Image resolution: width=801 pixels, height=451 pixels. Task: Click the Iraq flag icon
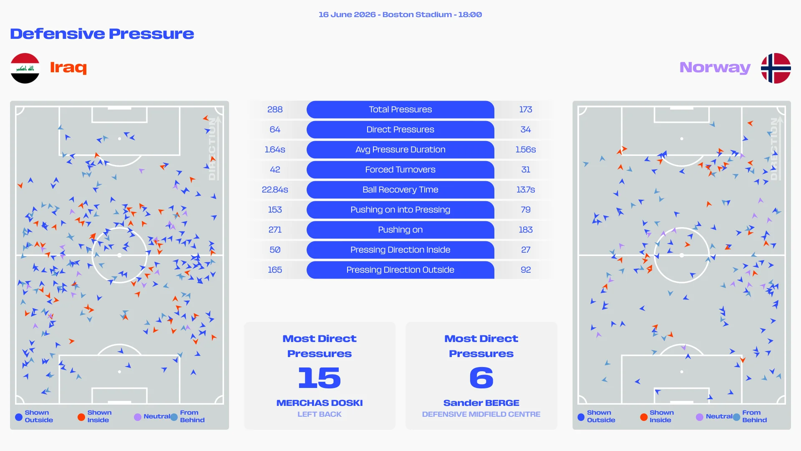25,68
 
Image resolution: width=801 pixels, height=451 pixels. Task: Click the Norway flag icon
776,68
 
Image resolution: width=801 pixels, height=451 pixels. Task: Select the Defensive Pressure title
102,34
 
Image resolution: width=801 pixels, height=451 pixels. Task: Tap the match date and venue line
400,15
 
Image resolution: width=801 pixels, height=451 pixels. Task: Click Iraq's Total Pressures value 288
275,109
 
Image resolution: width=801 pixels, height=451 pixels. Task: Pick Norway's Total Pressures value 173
526,109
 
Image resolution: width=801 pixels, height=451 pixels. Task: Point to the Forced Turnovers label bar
400,170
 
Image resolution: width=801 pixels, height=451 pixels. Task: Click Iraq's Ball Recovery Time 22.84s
275,190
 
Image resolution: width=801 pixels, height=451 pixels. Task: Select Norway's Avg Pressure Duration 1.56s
526,149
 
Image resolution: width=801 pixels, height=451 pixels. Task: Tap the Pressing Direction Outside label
400,270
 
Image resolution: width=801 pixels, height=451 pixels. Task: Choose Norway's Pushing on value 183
526,230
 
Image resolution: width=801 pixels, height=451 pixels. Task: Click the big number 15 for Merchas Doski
320,378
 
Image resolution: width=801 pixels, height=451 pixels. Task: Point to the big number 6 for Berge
481,378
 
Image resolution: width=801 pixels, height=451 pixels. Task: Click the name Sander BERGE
481,403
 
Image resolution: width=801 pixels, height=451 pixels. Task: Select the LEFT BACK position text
320,414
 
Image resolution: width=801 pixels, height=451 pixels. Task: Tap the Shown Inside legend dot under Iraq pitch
81,417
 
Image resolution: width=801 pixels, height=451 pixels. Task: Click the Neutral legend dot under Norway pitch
700,417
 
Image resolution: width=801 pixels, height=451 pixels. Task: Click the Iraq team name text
68,67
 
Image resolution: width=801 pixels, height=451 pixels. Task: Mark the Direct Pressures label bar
400,129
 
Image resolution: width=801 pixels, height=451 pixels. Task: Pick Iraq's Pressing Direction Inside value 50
275,250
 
